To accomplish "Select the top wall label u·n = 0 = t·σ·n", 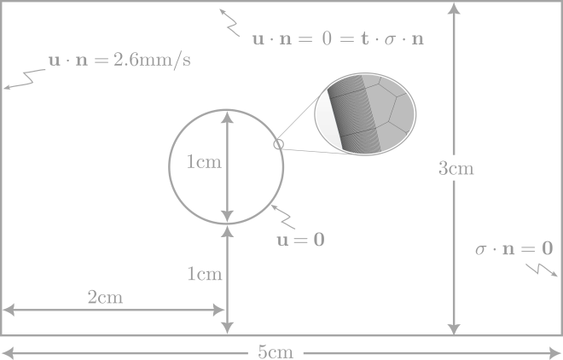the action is pyautogui.click(x=339, y=39).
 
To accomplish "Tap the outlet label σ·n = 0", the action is pyautogui.click(x=514, y=249).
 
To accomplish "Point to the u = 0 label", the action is pyautogui.click(x=300, y=240).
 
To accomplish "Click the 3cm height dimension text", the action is pyautogui.click(x=456, y=169).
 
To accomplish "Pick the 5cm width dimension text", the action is pyautogui.click(x=276, y=351).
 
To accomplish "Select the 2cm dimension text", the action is pyautogui.click(x=105, y=298).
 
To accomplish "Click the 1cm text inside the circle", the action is pyautogui.click(x=204, y=162).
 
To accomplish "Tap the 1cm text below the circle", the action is pyautogui.click(x=204, y=274).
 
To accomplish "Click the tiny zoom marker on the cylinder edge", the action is pyautogui.click(x=278, y=145).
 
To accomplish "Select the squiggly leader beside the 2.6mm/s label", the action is pyautogui.click(x=22, y=80).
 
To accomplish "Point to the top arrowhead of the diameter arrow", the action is pyautogui.click(x=227, y=117).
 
